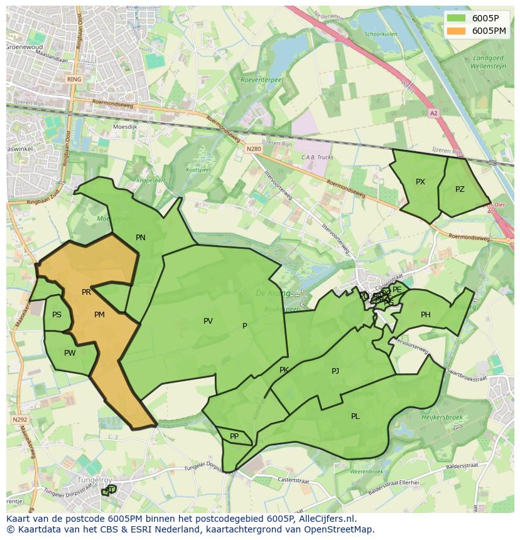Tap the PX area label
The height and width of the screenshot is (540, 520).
click(x=420, y=182)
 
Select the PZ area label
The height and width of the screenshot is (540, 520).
click(x=460, y=189)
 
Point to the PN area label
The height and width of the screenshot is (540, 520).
click(x=141, y=238)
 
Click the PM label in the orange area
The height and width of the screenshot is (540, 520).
click(x=99, y=315)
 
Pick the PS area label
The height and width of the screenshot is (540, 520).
click(x=57, y=315)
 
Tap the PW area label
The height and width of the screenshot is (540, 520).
click(x=70, y=353)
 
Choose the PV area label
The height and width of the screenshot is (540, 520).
click(x=208, y=321)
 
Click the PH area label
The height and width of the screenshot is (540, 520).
click(x=426, y=315)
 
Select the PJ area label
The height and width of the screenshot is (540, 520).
click(x=335, y=371)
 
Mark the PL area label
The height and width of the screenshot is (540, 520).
click(x=355, y=416)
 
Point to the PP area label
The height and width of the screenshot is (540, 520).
click(x=234, y=437)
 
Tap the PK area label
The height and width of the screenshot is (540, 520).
click(x=284, y=370)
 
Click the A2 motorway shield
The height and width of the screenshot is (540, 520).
click(x=433, y=114)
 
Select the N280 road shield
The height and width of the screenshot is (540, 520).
click(x=254, y=149)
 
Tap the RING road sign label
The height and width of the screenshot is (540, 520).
click(x=74, y=80)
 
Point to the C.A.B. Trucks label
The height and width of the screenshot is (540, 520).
click(x=317, y=157)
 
